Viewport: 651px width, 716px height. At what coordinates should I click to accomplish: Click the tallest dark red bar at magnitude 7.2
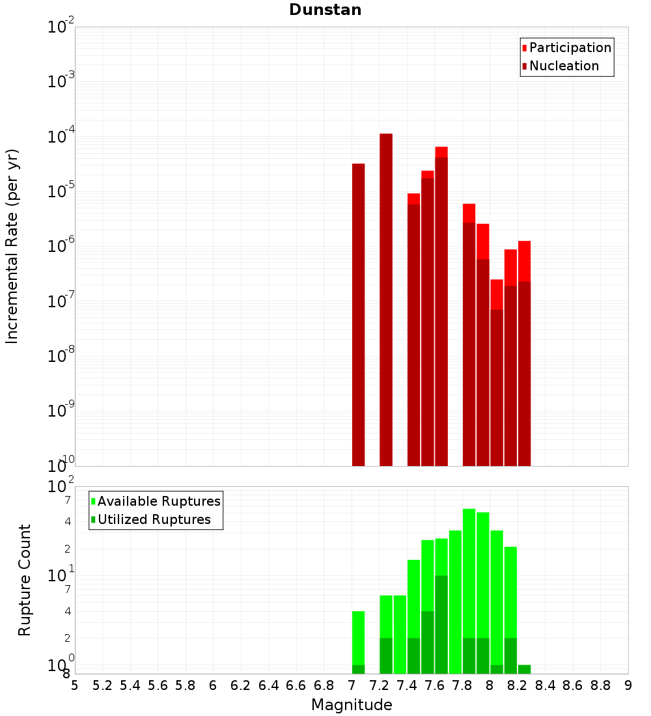click(x=386, y=299)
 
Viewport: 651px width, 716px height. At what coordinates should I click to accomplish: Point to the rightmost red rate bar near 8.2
click(x=525, y=260)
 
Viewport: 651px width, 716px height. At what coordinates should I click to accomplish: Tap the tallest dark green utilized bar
click(x=441, y=625)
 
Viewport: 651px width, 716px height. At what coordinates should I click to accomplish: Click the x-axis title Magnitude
click(x=352, y=705)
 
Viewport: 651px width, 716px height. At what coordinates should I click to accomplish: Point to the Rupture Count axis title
click(x=25, y=580)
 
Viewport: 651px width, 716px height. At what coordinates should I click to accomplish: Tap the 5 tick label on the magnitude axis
click(x=75, y=685)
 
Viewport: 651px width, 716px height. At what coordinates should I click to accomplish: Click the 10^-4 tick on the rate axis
click(x=61, y=137)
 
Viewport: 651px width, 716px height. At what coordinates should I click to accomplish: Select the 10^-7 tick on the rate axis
click(x=61, y=301)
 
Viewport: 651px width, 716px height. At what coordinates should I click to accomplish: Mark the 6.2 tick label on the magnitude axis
click(x=241, y=685)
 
